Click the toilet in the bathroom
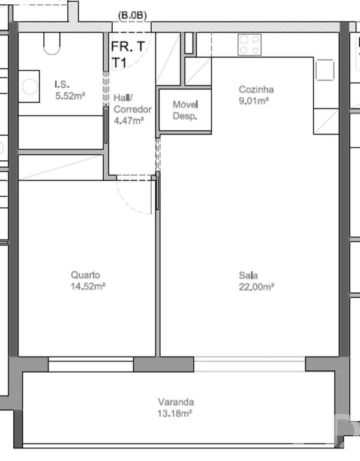pos(52,43)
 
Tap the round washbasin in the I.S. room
pos(29,87)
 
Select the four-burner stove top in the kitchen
pos(250,44)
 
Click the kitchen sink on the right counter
pos(325,70)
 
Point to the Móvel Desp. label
pos(185,110)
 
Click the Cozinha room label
pos(256,89)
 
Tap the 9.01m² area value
pos(254,101)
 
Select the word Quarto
pos(85,275)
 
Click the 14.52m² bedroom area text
pos(88,286)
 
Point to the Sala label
pos(248,276)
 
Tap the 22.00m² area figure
pos(256,287)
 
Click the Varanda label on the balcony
pos(176,402)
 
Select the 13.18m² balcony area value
pos(175,414)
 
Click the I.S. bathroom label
pos(62,85)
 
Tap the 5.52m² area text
pos(70,96)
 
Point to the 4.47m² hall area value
pos(129,121)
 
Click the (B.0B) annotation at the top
pos(132,16)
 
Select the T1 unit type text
pos(119,63)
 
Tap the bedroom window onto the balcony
pos(91,364)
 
